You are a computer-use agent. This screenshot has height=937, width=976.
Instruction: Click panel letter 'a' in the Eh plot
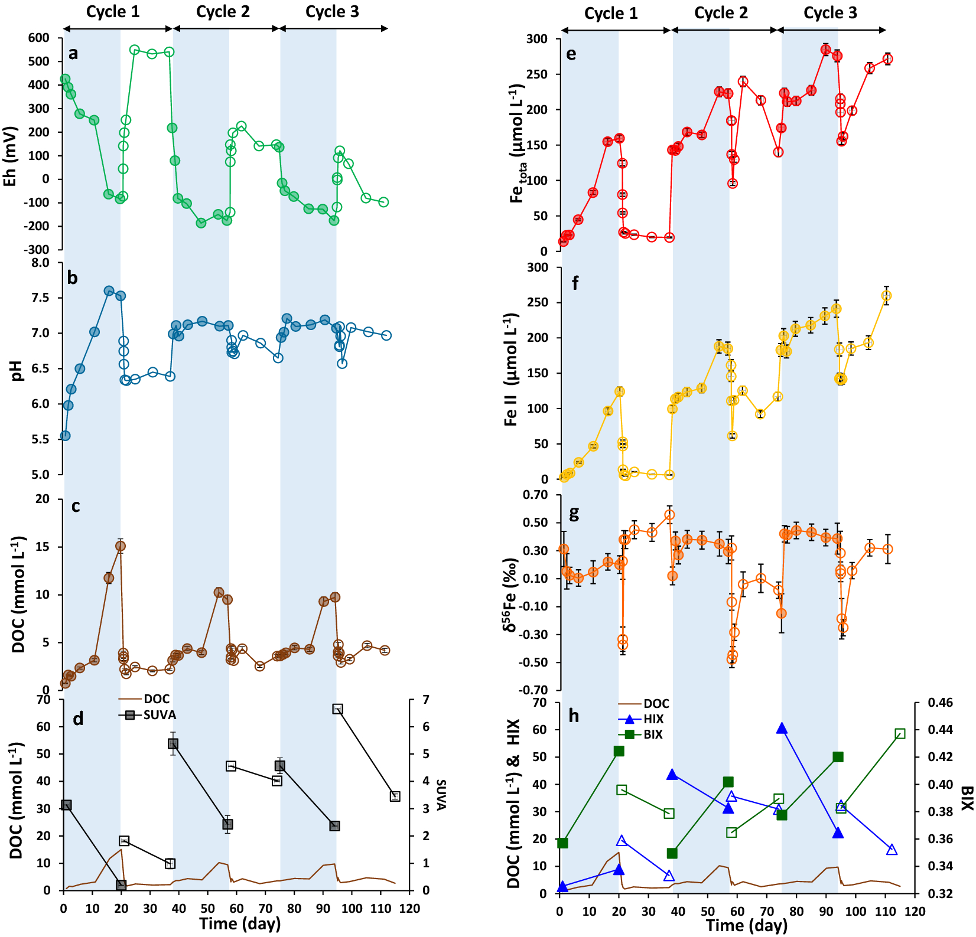tap(73, 54)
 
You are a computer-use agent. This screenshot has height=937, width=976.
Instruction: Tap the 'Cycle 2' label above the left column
tap(223, 12)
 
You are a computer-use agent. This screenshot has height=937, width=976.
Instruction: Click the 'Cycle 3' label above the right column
tap(829, 13)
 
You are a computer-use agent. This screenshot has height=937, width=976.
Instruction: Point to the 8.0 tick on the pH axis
tap(41, 263)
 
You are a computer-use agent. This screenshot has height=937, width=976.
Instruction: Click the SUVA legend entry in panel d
tap(159, 715)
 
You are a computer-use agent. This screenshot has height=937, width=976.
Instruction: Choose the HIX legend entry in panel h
tap(653, 719)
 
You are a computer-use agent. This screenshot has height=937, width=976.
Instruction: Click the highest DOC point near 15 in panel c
tap(120, 546)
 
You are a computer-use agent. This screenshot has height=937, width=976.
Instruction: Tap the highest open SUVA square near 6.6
tap(337, 709)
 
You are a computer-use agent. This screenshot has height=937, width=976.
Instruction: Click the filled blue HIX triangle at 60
tap(782, 729)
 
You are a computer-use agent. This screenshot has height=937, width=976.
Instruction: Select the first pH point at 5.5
tap(65, 436)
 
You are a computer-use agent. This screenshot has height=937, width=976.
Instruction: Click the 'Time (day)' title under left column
tap(239, 924)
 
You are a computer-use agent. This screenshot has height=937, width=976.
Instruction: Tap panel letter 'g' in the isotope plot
tap(573, 513)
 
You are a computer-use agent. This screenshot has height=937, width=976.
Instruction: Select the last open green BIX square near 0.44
tap(900, 734)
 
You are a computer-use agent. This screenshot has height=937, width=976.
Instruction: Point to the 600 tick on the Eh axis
tap(39, 38)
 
